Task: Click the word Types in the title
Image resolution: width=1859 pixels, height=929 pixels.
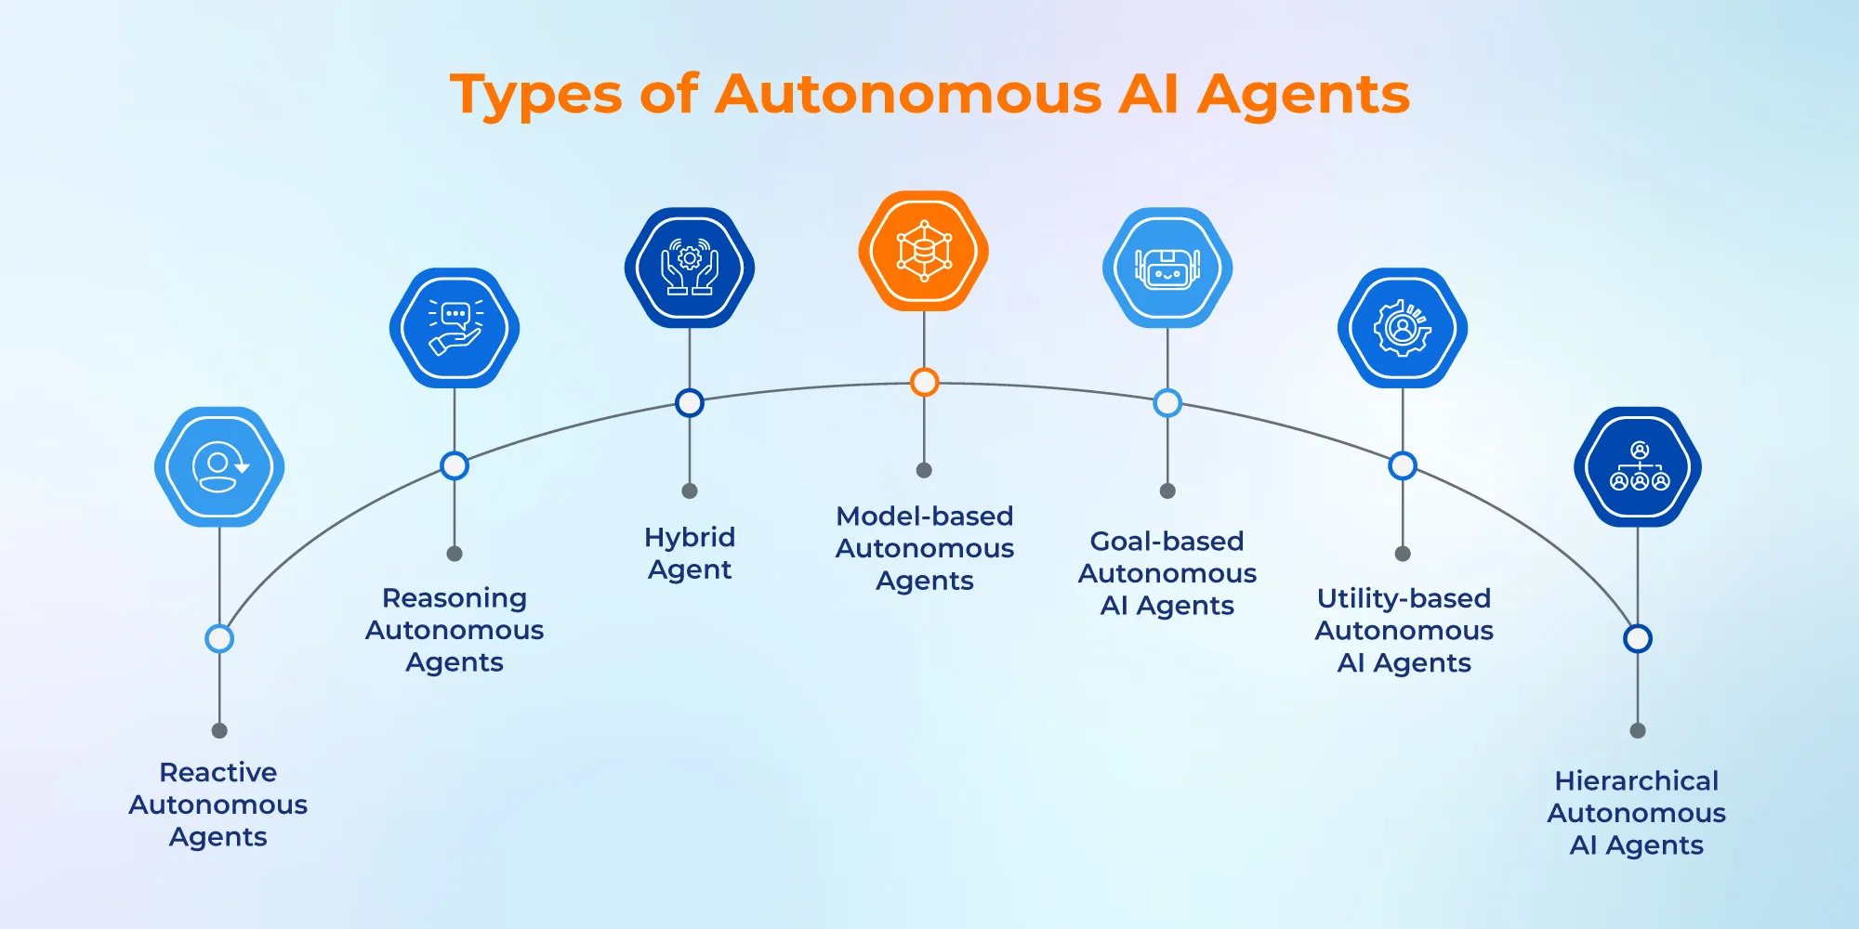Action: [x=536, y=96]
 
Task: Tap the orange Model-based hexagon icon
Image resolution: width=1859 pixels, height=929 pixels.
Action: [x=923, y=251]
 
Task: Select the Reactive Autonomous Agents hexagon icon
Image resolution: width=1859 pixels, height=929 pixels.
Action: [x=219, y=466]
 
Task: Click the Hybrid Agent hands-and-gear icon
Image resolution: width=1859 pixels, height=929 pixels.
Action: [x=690, y=268]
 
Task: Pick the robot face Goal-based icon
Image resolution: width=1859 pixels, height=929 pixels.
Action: [x=1167, y=268]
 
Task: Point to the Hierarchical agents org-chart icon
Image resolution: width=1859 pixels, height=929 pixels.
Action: [x=1638, y=466]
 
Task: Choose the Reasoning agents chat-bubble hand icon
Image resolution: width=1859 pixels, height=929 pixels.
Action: [x=455, y=328]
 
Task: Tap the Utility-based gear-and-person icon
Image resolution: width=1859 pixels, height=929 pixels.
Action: [x=1403, y=328]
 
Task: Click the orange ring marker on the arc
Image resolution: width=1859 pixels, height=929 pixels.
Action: [x=924, y=382]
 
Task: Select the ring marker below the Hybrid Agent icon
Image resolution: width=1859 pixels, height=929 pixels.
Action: [x=690, y=403]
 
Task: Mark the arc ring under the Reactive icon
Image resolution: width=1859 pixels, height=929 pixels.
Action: [x=219, y=639]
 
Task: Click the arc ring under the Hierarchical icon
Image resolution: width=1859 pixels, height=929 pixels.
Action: [x=1638, y=639]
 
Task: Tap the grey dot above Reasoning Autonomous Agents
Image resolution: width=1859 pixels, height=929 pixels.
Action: [x=455, y=554]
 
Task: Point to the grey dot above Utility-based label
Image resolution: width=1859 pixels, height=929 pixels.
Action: [x=1403, y=554]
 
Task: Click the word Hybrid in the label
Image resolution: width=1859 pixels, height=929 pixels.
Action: [x=690, y=538]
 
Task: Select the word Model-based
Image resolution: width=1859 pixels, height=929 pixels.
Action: [x=924, y=517]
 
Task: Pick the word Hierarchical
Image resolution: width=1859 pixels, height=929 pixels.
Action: [x=1637, y=780]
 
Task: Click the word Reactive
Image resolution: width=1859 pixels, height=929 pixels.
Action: [x=218, y=772]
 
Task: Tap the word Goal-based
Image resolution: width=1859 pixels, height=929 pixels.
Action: [x=1167, y=541]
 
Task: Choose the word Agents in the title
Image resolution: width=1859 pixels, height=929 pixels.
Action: [x=1303, y=96]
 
